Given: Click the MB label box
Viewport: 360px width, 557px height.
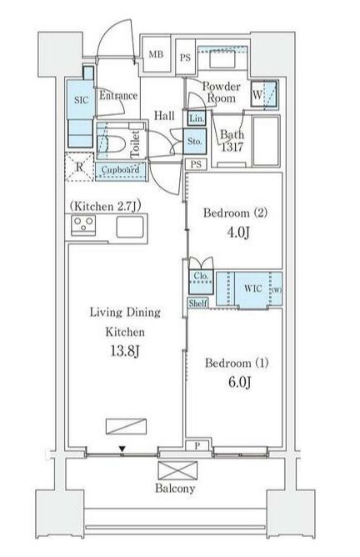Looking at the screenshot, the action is tap(156, 54).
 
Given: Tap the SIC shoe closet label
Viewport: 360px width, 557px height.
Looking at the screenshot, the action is tap(81, 100).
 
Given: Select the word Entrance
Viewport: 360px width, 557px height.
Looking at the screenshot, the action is tap(118, 95).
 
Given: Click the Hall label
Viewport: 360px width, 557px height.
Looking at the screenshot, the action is tap(164, 115).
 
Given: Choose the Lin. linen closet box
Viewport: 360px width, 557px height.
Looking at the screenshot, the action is tap(197, 118).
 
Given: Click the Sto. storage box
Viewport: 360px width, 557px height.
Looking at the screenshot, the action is tap(194, 141).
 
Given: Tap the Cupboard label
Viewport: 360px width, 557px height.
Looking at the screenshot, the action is tap(120, 169).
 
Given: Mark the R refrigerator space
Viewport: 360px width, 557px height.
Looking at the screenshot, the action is tap(79, 167).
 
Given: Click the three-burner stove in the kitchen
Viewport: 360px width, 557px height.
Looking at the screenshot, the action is tap(83, 225).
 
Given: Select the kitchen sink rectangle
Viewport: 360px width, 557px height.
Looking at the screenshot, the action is tap(130, 227).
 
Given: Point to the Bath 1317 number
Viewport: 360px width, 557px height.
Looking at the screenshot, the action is tap(232, 147).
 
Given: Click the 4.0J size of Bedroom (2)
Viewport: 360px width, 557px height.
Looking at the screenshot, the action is tap(237, 233).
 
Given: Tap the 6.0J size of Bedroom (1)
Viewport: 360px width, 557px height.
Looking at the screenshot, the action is tap(240, 382).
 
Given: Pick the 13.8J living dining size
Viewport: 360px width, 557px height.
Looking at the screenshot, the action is tap(125, 351).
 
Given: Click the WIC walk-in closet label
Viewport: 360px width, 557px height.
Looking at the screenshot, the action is tap(253, 289).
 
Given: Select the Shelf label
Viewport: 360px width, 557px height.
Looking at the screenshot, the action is tap(197, 304).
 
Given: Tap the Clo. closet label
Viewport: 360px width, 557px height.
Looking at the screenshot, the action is tap(201, 276).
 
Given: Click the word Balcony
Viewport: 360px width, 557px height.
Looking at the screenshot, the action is tap(175, 489).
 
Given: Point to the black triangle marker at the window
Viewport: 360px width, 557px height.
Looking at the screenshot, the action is tap(122, 449).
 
